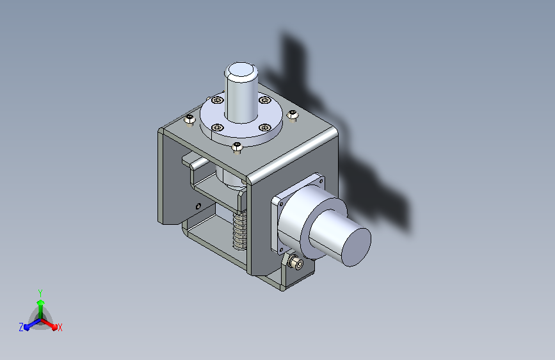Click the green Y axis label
[x=40, y=293]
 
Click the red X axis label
[x=60, y=328]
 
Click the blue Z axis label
[x=21, y=327]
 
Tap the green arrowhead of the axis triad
[x=41, y=302]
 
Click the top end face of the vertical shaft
[x=241, y=71]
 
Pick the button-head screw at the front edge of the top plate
[x=237, y=147]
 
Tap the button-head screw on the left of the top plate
[x=189, y=119]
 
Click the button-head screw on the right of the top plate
[x=293, y=115]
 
